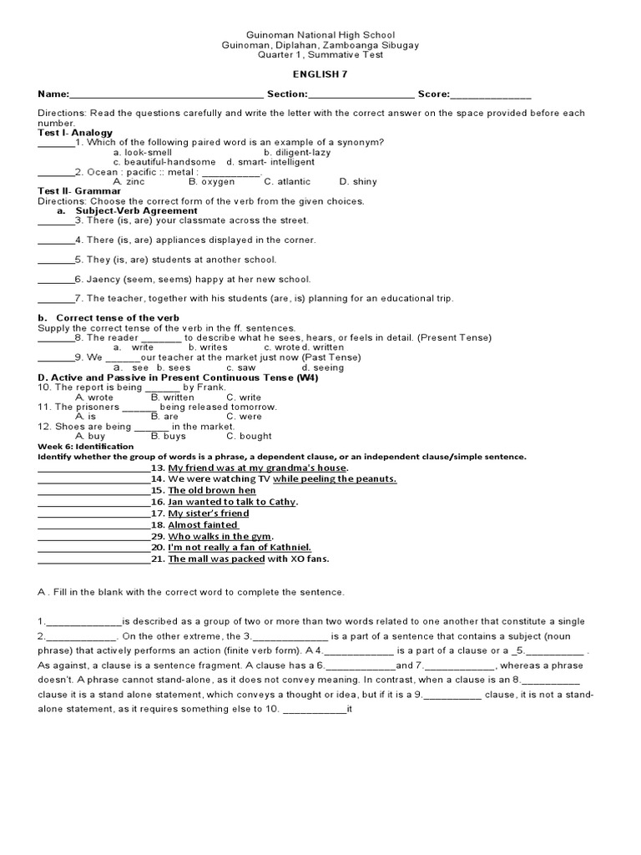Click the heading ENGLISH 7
[x=320, y=74]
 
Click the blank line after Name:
[x=167, y=96]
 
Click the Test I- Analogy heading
[x=75, y=133]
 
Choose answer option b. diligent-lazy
[x=296, y=153]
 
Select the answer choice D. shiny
[x=358, y=181]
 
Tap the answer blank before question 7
[x=56, y=300]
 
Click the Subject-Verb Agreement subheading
[x=136, y=210]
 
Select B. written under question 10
[x=172, y=397]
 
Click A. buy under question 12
[x=90, y=436]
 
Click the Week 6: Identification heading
[x=86, y=447]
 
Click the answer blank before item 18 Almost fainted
[x=93, y=526]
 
